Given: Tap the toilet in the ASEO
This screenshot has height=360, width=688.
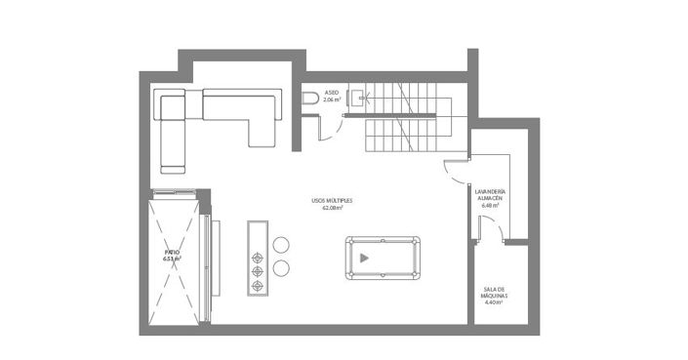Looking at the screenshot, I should (310, 98).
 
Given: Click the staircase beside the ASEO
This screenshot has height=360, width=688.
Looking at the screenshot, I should (405, 118).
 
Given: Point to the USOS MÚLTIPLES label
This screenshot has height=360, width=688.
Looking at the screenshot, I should (332, 200).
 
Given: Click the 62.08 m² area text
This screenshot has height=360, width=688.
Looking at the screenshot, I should (332, 208).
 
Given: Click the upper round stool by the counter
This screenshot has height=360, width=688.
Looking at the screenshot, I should (282, 245).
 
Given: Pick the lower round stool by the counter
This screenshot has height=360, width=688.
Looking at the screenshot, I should (282, 266).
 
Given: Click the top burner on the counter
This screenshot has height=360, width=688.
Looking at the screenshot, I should (259, 258).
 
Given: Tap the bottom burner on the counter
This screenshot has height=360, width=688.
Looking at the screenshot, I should (259, 285).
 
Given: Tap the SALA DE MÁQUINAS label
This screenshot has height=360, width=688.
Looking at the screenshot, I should (493, 293).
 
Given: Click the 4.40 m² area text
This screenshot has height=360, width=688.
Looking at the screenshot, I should (493, 302).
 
